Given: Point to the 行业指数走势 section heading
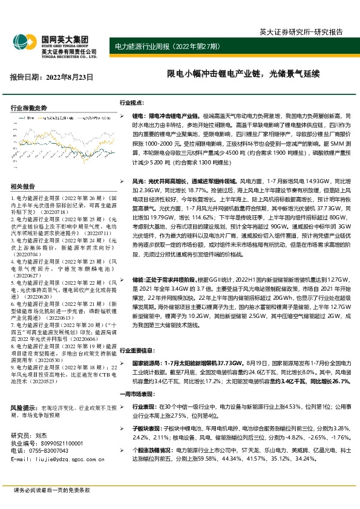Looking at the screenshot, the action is [x=28, y=107].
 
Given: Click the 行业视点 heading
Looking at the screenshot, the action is [x=131, y=103].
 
